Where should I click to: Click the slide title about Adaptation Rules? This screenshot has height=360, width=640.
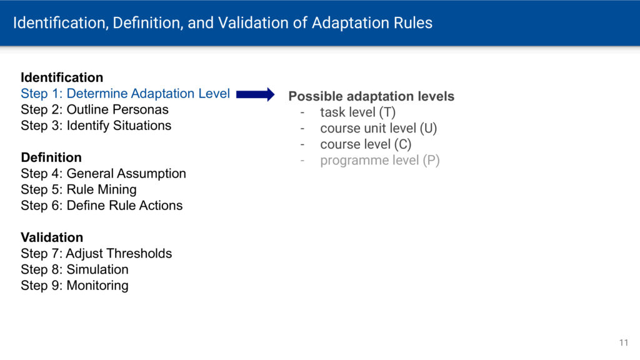(222, 23)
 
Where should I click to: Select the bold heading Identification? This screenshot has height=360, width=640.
(62, 77)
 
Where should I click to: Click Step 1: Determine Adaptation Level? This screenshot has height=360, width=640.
(125, 94)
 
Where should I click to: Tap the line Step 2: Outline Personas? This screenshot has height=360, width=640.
(95, 109)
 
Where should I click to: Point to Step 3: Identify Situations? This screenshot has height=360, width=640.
(96, 125)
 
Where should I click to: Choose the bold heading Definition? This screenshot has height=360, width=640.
(51, 157)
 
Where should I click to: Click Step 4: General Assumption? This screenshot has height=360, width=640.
(103, 174)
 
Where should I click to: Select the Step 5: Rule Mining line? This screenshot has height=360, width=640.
(79, 189)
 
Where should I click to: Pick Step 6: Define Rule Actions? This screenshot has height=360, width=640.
(102, 205)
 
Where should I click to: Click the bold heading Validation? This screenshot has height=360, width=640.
(52, 237)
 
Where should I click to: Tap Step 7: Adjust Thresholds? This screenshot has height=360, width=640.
(96, 254)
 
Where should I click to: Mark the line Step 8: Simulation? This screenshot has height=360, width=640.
(75, 269)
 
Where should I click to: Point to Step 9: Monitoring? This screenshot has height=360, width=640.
(75, 285)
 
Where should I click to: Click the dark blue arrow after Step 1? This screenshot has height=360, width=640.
(256, 94)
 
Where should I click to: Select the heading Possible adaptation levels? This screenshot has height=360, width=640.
(371, 96)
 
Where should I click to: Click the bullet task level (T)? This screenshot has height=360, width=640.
(357, 112)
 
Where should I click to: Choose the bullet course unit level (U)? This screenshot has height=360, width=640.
(378, 128)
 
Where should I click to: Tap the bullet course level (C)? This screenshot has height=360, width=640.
(366, 144)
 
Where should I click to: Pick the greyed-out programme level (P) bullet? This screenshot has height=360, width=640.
(379, 161)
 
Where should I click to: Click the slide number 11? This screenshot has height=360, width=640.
(624, 343)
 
